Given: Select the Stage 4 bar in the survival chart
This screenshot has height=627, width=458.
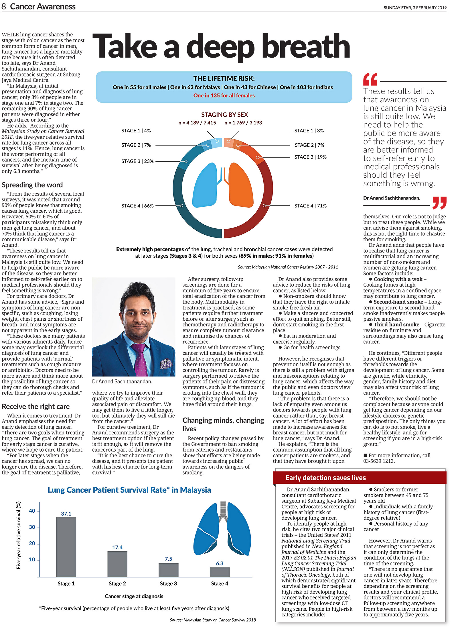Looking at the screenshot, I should coord(220,572).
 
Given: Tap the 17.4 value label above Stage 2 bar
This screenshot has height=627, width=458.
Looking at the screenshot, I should coord(117,547).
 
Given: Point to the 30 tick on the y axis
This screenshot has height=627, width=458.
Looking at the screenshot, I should coord(32,527).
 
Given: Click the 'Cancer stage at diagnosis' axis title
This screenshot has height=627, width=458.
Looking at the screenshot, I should coord(134,596).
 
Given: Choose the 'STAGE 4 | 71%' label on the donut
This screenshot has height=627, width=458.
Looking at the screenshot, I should coord(310,206).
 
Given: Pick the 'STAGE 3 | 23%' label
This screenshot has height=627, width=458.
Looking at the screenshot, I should coord(137,161).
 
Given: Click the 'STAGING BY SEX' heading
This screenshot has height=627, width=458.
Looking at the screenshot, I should coord(224,115).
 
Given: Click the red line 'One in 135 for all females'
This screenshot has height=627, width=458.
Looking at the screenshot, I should coord(224,95).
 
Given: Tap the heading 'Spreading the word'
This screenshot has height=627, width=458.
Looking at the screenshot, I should coord(32,185).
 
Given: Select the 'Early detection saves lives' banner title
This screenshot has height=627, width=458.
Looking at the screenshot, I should coord(325,478).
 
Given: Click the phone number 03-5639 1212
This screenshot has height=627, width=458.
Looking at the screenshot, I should coord(379,461).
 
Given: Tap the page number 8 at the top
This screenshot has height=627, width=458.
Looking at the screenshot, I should coord(4,7).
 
